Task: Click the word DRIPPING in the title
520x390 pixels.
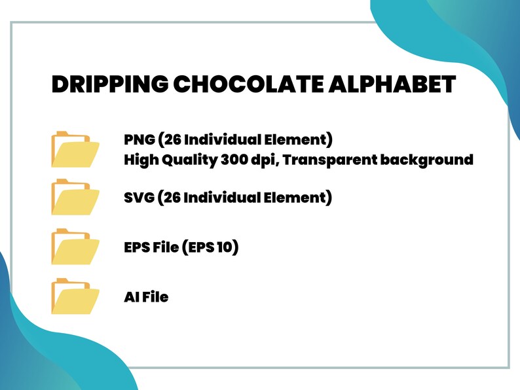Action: (x=109, y=86)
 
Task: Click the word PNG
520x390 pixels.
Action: (x=139, y=140)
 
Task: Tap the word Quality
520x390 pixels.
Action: (x=187, y=160)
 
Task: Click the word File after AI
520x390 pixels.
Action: (x=155, y=297)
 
